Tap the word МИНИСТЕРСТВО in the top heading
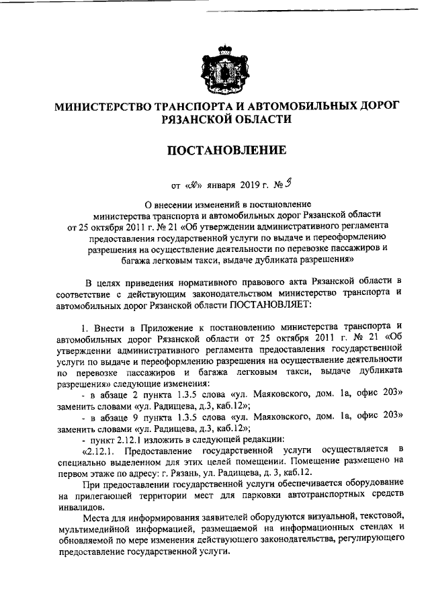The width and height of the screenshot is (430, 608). [x=103, y=106]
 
